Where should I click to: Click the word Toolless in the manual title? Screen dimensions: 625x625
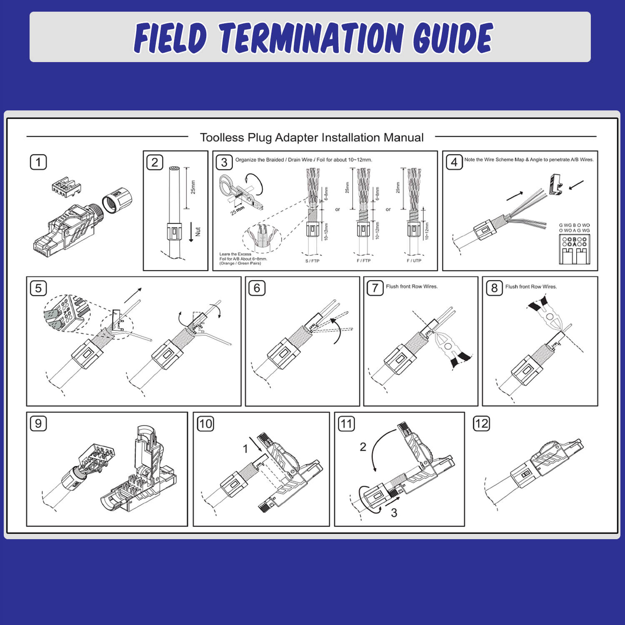coord(222,137)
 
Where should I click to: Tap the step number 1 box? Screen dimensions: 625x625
coord(38,162)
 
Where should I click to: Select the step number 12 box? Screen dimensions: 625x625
coord(481,424)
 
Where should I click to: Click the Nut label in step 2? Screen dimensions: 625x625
coord(197,231)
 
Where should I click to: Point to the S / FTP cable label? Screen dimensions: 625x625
coord(312,261)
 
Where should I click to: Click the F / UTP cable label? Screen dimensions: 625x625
coord(414,261)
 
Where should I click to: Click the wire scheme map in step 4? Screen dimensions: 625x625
coord(574,249)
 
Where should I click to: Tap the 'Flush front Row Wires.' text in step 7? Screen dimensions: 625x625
coord(412,287)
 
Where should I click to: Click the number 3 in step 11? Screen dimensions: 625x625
coord(394,512)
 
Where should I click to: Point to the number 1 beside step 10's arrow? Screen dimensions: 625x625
coord(245,449)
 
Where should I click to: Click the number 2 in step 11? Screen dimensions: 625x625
coord(363,447)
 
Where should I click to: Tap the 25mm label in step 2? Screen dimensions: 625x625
coord(193,187)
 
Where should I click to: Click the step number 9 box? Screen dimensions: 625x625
coord(38,423)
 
